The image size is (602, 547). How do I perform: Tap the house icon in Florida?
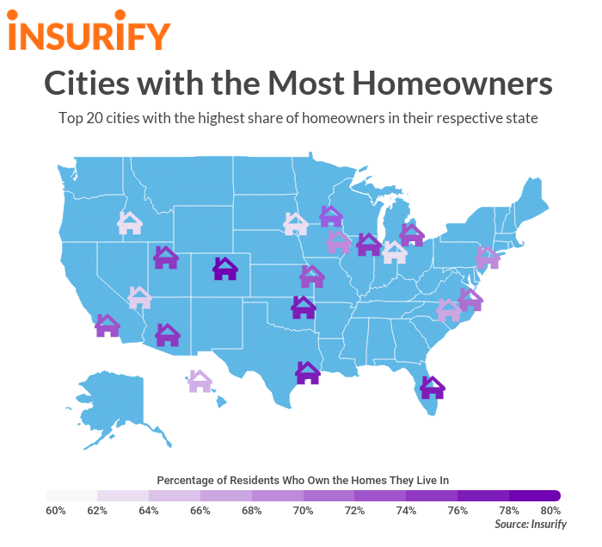[x=432, y=388]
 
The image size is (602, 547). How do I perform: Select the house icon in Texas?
[x=308, y=372]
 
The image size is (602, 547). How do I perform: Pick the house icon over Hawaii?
[x=200, y=381]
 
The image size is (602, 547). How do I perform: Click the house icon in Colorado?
[x=225, y=269]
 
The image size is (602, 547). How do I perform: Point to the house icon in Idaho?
[x=130, y=223]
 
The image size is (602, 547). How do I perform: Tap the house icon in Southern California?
[x=107, y=326]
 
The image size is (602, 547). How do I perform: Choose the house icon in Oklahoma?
[x=303, y=307]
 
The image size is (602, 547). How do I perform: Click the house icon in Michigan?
[x=412, y=233]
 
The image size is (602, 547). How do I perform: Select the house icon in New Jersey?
[x=487, y=257]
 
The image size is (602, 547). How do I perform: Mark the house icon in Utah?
[x=165, y=257]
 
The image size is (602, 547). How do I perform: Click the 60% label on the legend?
[x=55, y=511]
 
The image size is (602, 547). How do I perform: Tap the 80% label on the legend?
[x=550, y=511]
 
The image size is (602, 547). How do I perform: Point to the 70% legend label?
[x=303, y=511]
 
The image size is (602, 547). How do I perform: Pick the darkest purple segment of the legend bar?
[x=535, y=495]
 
